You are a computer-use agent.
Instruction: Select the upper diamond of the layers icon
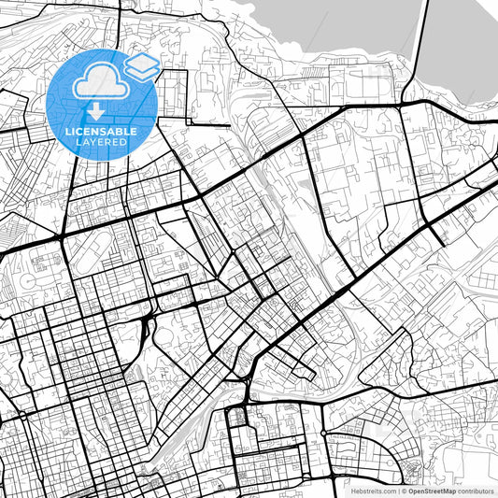pos(142,62)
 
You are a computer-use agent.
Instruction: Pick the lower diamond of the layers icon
pos(142,70)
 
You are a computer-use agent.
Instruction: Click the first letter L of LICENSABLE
pos(65,132)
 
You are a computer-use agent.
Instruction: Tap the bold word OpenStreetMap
pos(431,491)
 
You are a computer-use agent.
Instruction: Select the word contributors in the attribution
pos(476,491)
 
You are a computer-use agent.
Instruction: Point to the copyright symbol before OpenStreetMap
pos(404,491)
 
